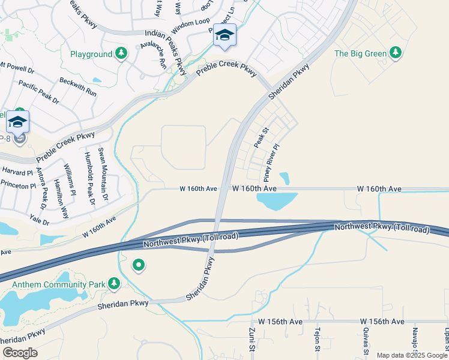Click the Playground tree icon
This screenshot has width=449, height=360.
click(x=121, y=54)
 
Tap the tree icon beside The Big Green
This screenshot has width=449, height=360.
click(x=395, y=53)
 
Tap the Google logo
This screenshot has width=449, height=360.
click(x=19, y=352)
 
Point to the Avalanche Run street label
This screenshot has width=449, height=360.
click(x=152, y=56)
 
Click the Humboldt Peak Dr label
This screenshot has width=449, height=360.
click(x=89, y=178)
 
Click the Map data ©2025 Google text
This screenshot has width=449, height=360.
click(x=412, y=355)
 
